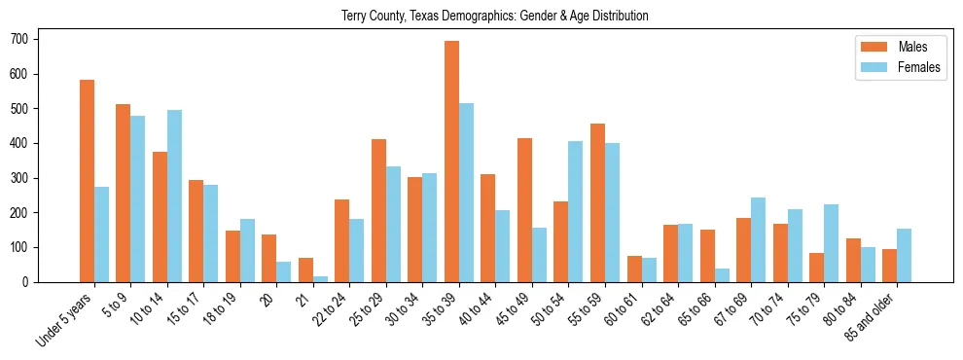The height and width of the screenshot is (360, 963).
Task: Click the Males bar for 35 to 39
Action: [451, 162]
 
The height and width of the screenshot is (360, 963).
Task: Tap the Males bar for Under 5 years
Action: [87, 181]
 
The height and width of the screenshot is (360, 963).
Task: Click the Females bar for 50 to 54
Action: [576, 211]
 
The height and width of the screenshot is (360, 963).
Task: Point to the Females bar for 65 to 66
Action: [722, 275]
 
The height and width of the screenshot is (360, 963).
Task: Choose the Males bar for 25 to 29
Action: [378, 210]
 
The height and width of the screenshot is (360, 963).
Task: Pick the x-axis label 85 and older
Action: [871, 318]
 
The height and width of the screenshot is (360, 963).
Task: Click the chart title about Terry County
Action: [494, 17]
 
